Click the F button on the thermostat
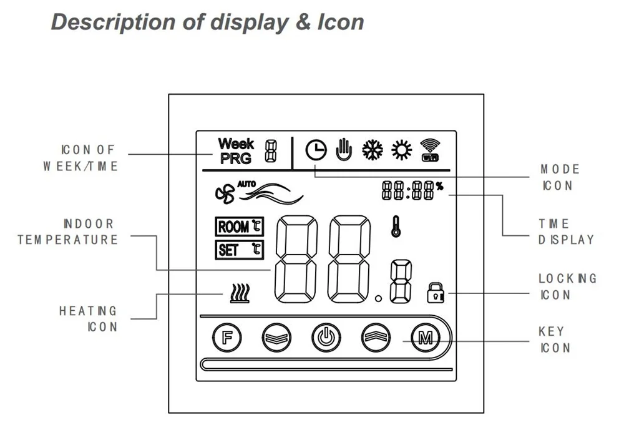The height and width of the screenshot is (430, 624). point(227,338)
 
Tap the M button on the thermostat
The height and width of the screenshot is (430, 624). point(426,338)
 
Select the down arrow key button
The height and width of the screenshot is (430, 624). point(276,338)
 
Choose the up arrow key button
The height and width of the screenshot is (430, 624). point(376,338)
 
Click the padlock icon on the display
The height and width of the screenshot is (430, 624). point(436,293)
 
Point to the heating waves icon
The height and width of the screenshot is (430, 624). point(240,293)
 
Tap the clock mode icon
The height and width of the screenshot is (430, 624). point(316,150)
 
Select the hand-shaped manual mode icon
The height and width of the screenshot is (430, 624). point(344,150)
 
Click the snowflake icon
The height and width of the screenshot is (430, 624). point(373,150)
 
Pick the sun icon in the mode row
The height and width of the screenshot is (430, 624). point(401,150)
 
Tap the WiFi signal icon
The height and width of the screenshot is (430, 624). point(430,150)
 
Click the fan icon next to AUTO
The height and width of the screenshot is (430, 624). point(225,194)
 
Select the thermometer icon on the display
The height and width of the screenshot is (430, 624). point(396,227)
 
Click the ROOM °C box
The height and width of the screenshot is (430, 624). point(240,227)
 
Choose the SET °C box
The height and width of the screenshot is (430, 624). point(240,250)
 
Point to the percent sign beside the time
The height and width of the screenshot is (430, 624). point(439,186)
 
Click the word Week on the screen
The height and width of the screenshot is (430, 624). point(236,144)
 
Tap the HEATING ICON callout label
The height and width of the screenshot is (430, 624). point(88,318)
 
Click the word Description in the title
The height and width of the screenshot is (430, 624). point(113,22)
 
